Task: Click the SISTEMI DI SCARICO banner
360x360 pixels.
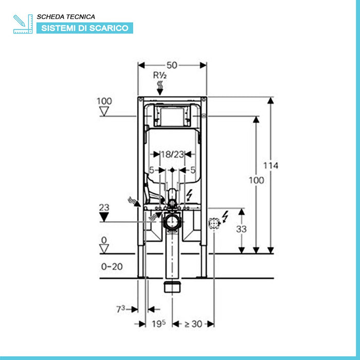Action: [x=84, y=28]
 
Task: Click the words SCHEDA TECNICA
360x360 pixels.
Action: [x=66, y=17]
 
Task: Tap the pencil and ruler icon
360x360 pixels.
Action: [x=23, y=24]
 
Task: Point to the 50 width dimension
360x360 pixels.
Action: [x=172, y=65]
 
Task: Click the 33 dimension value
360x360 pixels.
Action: [x=241, y=229]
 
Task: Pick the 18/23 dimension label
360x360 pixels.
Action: [x=172, y=154]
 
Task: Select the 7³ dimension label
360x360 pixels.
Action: [x=120, y=309]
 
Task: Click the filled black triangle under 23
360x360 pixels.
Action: [x=104, y=217]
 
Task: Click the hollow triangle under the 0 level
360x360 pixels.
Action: [x=104, y=249]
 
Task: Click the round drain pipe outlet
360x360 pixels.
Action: [x=172, y=223]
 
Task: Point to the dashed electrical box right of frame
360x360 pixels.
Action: [x=214, y=223]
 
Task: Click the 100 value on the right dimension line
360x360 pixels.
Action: [x=256, y=180]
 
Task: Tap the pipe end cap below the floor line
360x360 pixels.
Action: [x=172, y=286]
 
